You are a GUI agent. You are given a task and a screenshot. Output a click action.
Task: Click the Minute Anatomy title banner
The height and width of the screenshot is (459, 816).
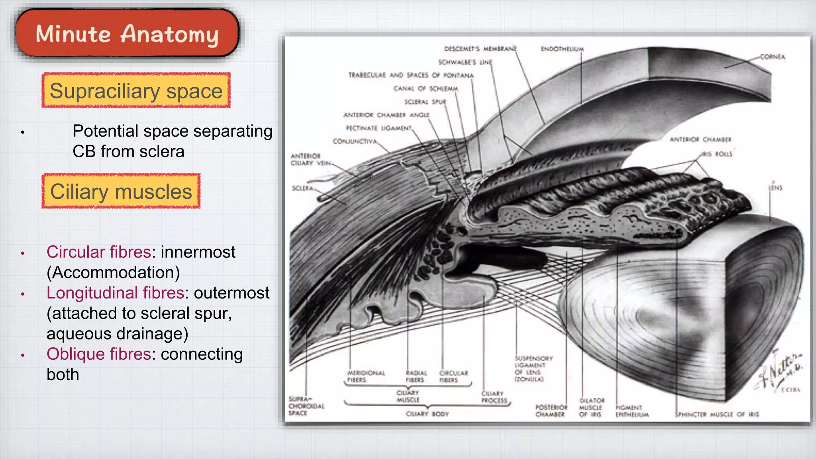127,34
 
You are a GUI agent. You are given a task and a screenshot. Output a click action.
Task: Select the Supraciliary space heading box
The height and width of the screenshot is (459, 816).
136,91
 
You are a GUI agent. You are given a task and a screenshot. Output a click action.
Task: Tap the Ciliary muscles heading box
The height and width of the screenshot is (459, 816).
121,191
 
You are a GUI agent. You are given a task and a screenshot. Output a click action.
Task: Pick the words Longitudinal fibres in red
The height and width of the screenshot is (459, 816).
115,293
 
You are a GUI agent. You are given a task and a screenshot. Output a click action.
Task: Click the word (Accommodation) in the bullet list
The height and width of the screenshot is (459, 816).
113,273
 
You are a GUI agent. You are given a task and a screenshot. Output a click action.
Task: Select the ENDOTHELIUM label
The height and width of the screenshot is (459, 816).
562,49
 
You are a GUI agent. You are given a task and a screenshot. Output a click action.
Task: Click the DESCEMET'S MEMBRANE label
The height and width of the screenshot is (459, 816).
480,49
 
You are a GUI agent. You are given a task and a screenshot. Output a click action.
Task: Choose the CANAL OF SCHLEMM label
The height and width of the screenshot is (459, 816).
426,88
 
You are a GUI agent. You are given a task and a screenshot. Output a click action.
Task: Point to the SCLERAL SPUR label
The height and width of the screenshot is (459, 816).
425,102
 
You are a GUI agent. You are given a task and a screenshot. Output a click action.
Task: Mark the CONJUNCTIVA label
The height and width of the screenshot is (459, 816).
355,141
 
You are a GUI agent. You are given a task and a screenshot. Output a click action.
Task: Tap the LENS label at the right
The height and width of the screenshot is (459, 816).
775,188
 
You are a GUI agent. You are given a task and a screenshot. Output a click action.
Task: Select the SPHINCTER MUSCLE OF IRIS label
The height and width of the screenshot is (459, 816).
717,414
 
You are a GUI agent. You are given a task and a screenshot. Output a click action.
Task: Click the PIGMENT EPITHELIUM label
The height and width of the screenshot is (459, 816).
632,411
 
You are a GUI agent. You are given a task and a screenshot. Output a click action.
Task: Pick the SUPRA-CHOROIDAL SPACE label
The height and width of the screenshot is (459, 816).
306,406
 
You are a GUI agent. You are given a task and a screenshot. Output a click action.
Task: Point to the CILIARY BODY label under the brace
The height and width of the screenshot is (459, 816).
427,414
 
